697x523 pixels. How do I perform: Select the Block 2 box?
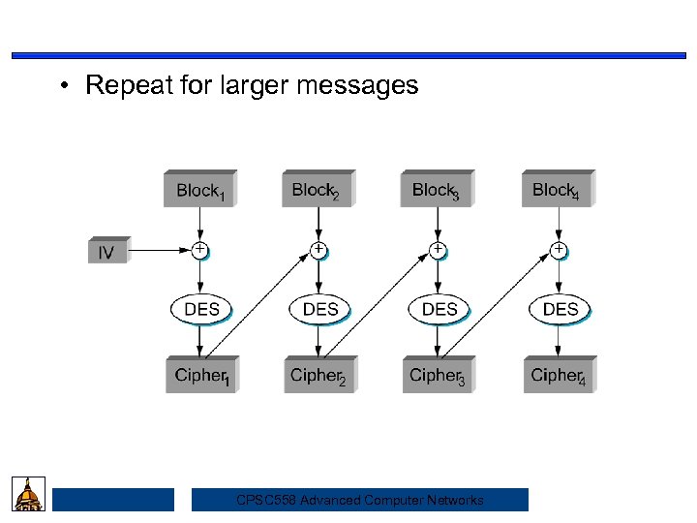coord(318,190)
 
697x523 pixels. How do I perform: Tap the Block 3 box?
coord(437,190)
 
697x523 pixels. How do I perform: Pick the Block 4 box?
coord(557,190)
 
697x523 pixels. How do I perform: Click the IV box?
coord(106,252)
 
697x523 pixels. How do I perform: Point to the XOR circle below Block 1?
coord(199,250)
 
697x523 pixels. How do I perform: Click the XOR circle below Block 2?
coord(318,250)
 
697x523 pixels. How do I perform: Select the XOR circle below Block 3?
coord(438,250)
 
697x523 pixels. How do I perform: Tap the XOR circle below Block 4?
coord(559,250)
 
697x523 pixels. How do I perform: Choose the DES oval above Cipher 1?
coord(201,310)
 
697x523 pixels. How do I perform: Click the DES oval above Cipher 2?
coord(320,310)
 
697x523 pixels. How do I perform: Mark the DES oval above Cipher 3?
coord(439,310)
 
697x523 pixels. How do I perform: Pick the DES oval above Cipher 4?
coord(560,310)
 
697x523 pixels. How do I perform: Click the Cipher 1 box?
coord(201,376)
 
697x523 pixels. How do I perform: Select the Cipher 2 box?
coord(319,376)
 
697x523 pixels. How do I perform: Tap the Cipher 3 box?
coord(439,376)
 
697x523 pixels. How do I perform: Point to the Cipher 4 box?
coord(559,376)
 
